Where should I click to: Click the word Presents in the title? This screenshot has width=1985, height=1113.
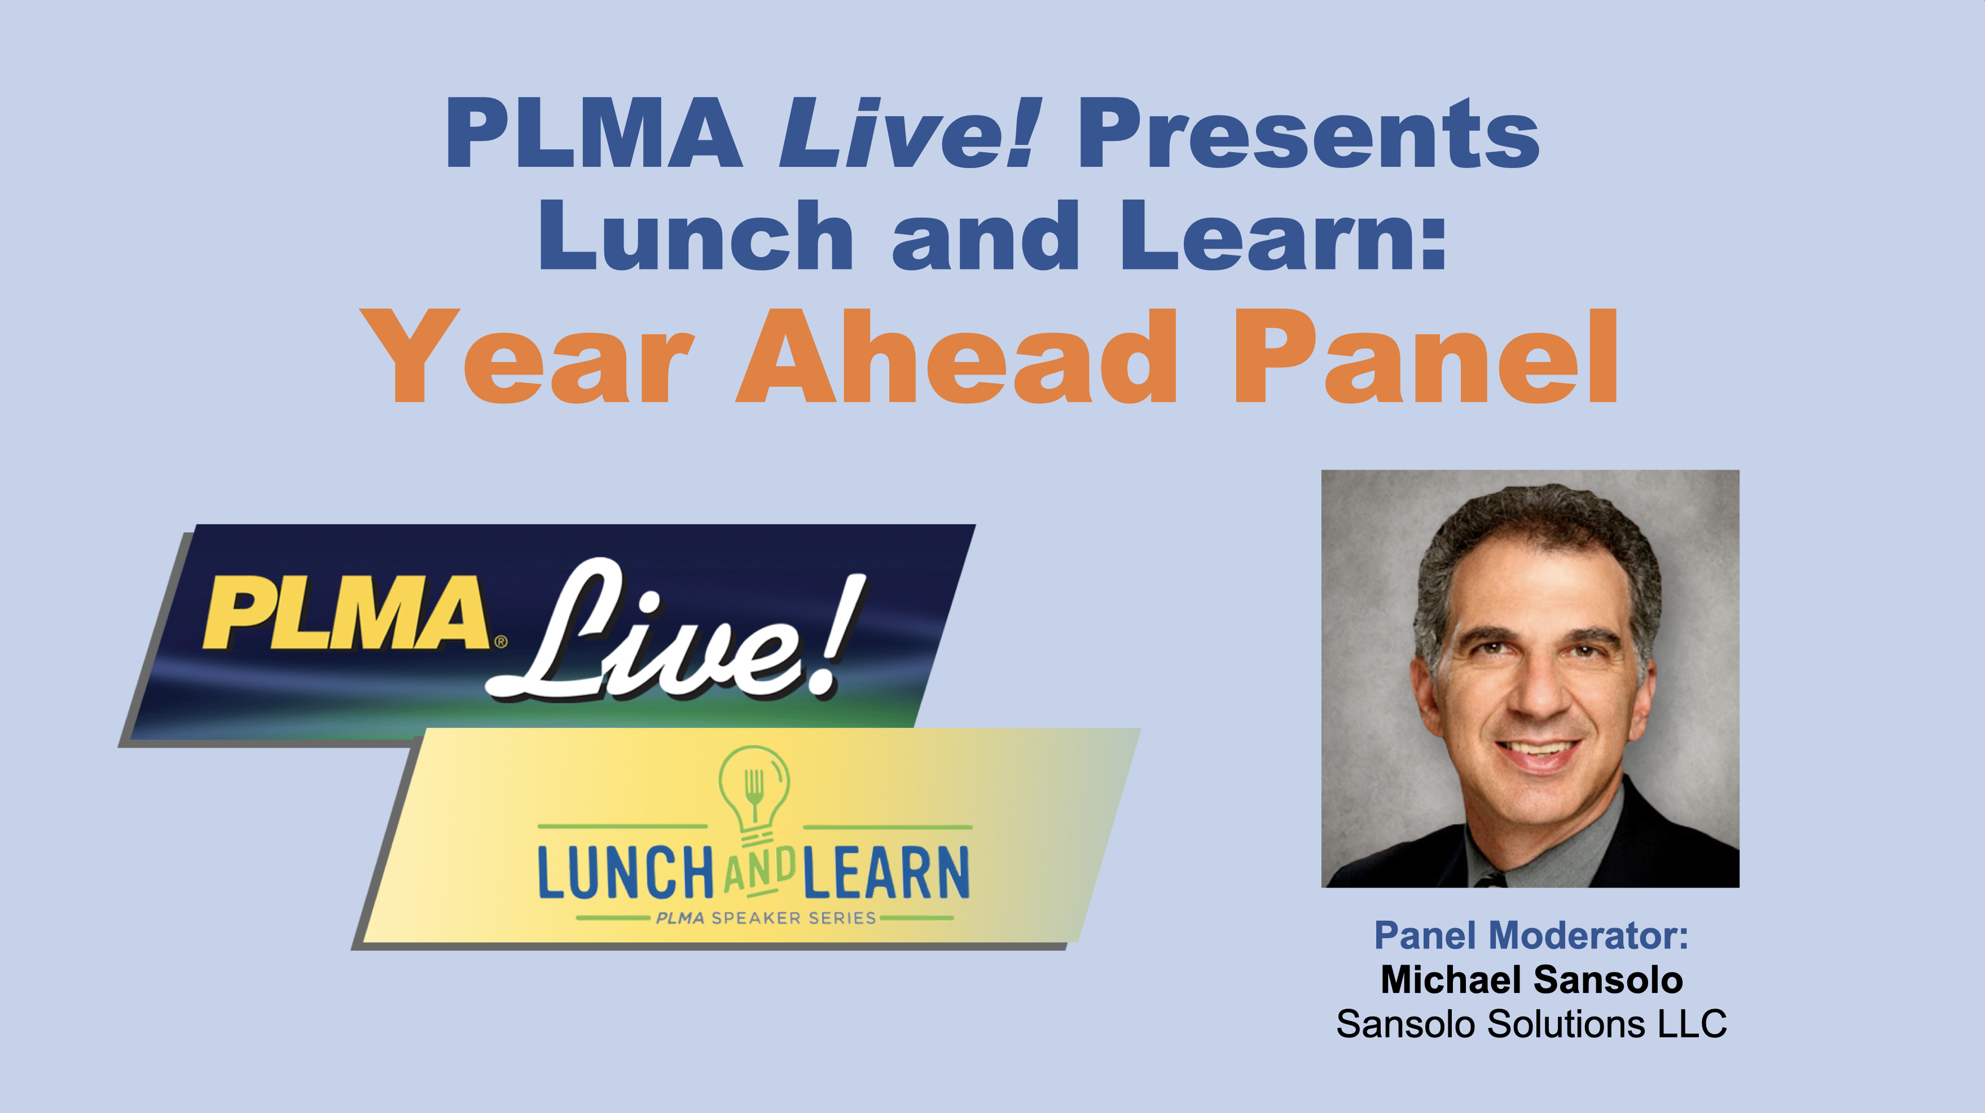(1308, 133)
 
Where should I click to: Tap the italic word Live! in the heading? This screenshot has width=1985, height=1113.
(910, 132)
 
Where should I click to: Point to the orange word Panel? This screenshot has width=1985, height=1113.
(1426, 355)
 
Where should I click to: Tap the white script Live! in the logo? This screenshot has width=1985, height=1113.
(678, 630)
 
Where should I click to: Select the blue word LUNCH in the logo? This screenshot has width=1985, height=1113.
(626, 873)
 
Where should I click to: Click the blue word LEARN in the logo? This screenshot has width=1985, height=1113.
(886, 873)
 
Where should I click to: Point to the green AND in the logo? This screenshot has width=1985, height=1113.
(759, 873)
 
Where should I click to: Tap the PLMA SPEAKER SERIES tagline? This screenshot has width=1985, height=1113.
(766, 918)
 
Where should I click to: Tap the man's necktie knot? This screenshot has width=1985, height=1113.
(1488, 880)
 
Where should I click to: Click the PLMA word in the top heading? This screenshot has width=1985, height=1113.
(594, 132)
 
